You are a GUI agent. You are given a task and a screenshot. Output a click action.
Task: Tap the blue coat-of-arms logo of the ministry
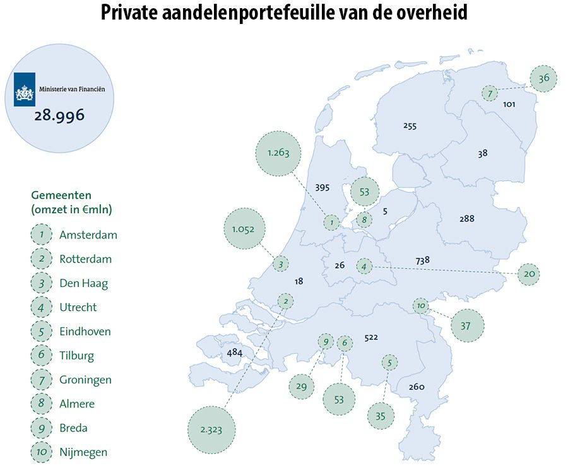[25, 89]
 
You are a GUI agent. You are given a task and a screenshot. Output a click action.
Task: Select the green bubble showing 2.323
[213, 430]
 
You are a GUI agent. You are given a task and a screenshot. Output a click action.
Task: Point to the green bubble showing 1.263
[278, 153]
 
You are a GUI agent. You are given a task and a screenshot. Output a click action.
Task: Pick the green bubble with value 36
[544, 78]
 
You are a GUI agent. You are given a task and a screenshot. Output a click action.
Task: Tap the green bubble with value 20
[529, 274]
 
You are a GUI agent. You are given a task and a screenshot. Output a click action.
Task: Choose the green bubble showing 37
[467, 325]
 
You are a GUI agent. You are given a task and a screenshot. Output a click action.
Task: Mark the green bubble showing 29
[301, 386]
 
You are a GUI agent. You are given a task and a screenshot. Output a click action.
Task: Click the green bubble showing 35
[380, 416]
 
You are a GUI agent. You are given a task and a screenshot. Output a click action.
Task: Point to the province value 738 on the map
[423, 260]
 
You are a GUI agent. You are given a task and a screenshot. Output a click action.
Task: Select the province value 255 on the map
[410, 126]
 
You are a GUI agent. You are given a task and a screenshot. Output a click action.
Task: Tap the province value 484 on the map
[234, 353]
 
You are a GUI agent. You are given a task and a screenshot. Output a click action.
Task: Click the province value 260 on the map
[417, 387]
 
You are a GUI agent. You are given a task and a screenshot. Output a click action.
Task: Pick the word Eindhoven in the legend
[85, 332]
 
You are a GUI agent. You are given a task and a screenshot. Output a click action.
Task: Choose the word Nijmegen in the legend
[83, 452]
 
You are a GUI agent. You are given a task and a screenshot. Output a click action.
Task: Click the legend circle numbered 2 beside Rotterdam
[41, 259]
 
